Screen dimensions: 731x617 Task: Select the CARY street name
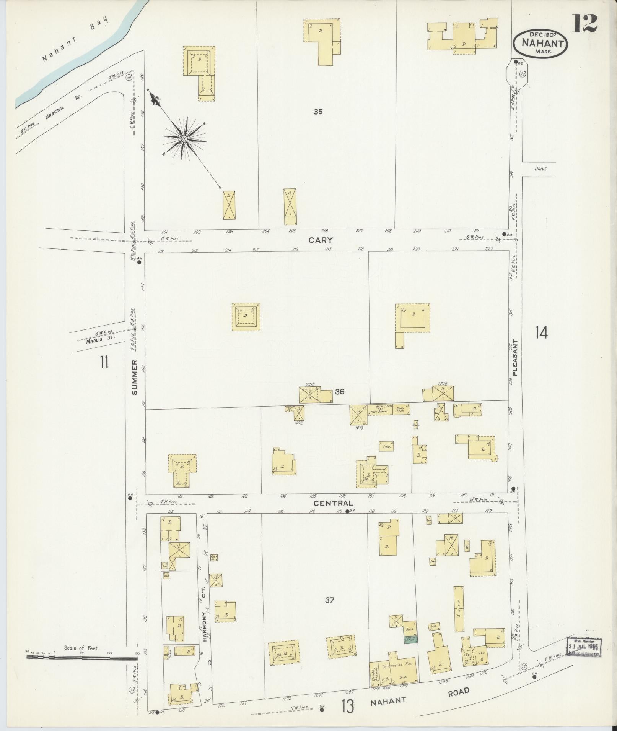tap(321, 240)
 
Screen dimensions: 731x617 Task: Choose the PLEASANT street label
tap(515, 358)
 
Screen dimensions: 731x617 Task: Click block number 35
tap(318, 112)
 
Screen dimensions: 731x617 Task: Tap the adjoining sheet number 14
tap(541, 333)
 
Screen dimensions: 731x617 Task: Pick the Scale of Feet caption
tap(81, 648)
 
